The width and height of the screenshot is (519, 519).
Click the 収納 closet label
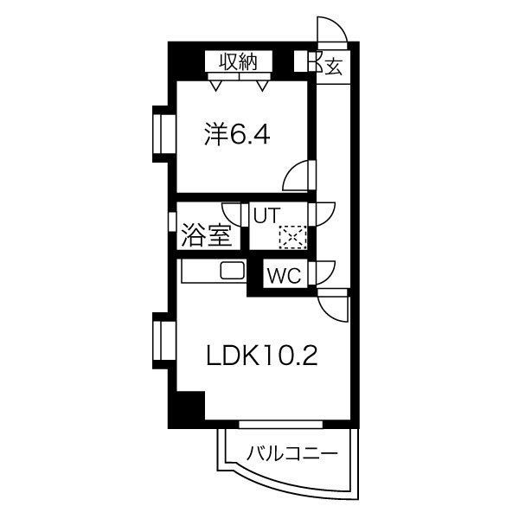coord(239,61)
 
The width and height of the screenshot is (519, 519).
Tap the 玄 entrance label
coord(333,67)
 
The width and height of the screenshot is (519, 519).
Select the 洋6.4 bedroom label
coord(237,135)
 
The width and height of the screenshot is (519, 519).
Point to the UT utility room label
coord(266,215)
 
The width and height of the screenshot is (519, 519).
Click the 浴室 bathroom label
coord(207,235)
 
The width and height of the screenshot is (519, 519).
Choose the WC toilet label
coord(285,275)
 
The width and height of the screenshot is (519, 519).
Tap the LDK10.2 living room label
coord(262,356)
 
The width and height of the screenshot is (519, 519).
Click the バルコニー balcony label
coord(292,453)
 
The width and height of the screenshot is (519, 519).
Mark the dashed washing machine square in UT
coord(292,236)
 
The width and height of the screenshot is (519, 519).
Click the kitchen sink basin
coord(233,270)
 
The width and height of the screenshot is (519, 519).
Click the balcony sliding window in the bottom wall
coord(280,425)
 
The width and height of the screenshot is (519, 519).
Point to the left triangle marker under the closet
coord(215,86)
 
